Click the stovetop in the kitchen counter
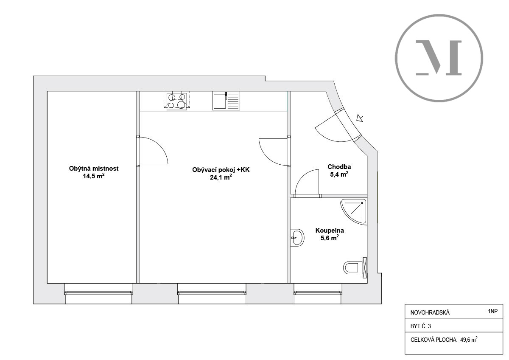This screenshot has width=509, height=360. coord(177,101)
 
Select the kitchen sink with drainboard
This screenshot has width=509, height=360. coord(226,101)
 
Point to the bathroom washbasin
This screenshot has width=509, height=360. coord(298,237)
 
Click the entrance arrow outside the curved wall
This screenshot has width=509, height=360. coord(360,118)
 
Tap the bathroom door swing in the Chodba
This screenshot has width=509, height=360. coord(307,183)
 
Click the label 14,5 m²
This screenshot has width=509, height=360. coord(94,176)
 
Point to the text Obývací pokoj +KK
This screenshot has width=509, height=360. coord(221,170)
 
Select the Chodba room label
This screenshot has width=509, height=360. coord(339,167)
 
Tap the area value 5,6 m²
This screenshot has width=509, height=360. coord(329,238)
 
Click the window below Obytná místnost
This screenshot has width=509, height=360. coord(98,292)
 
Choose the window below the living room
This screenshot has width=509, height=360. coord(211,292)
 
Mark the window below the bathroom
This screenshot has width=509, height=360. coord(318,292)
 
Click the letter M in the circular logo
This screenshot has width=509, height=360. coord(439,58)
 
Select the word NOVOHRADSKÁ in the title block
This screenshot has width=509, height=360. coord(430,313)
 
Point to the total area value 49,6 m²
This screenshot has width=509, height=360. coord(469,340)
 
